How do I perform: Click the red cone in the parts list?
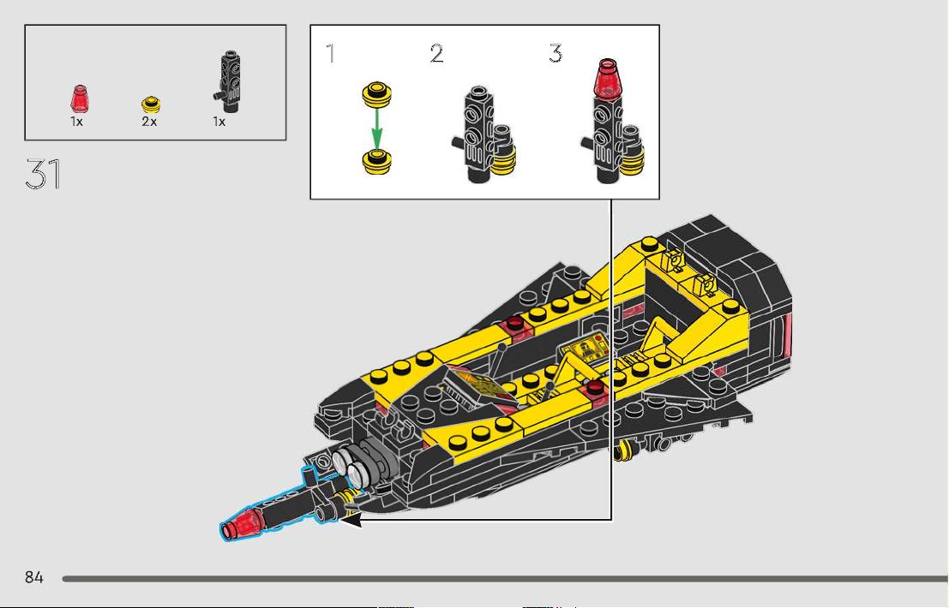pos(79,99)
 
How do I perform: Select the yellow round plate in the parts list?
pos(151,104)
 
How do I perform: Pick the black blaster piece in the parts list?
pos(228,81)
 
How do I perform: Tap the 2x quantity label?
pos(149,122)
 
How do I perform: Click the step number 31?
pos(43,174)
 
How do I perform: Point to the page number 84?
pos(34,577)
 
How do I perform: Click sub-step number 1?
pos(330,53)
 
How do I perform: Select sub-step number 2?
pos(436,53)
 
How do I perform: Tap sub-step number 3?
pos(556,53)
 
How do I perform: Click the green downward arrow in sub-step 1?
pos(377,128)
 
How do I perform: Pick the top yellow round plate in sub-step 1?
pos(376,94)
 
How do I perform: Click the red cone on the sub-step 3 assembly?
pos(608,78)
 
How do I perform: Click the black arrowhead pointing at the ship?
pos(351,519)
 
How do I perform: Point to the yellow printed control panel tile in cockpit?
pos(585,350)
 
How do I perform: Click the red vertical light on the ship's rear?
pos(788,336)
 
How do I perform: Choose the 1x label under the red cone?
pos(76,122)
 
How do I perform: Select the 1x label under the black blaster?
pos(219,122)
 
